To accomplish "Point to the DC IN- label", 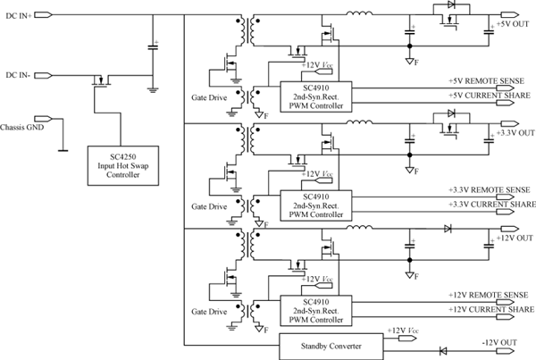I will click(19, 74).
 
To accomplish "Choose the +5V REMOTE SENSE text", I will click(491, 80).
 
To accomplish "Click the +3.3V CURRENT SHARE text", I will click(492, 205).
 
